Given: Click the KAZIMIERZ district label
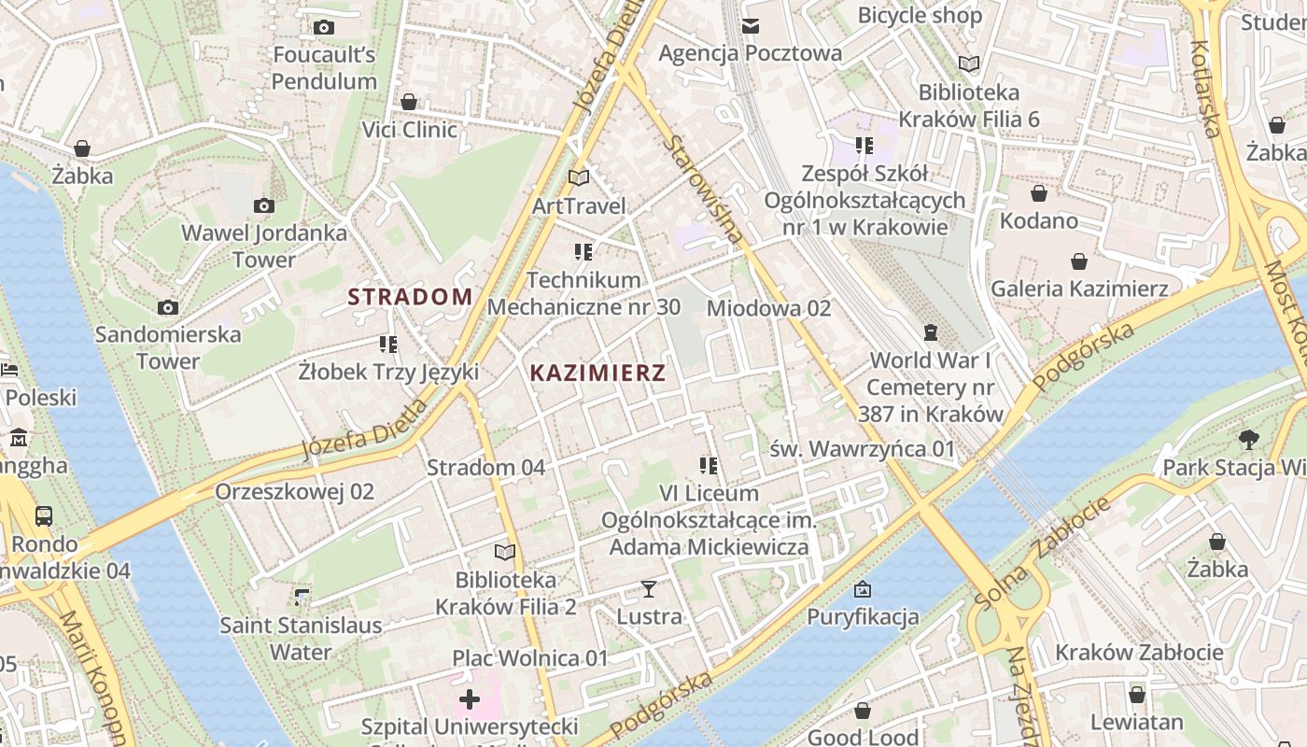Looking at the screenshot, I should point(597,373).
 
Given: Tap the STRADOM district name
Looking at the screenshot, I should point(410,297).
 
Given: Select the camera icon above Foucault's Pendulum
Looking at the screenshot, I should point(324,27).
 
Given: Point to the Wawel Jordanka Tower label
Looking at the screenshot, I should point(264,246).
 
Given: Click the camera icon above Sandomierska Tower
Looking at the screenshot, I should point(168,307).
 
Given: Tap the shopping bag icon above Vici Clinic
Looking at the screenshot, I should point(409,102).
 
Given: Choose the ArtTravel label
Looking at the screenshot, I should point(579,205).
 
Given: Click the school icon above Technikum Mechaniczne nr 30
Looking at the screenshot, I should point(583,251).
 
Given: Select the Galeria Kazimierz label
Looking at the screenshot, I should point(1079,289).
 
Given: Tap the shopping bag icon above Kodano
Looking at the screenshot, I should point(1038,193).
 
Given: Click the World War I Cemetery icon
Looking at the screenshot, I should point(930,332).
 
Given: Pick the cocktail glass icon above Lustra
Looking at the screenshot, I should point(649,588).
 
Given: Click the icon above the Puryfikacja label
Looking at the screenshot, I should point(863,589).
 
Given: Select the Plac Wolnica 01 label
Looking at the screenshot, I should point(530,658).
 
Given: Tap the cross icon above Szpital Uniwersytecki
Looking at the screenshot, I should point(470,698).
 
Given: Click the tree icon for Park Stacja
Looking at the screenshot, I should point(1248,439).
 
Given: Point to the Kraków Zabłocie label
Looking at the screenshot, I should point(1139,652).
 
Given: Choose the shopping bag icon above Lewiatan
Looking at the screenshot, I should point(1136,695).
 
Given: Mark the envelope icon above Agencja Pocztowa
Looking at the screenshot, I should point(751,25).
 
